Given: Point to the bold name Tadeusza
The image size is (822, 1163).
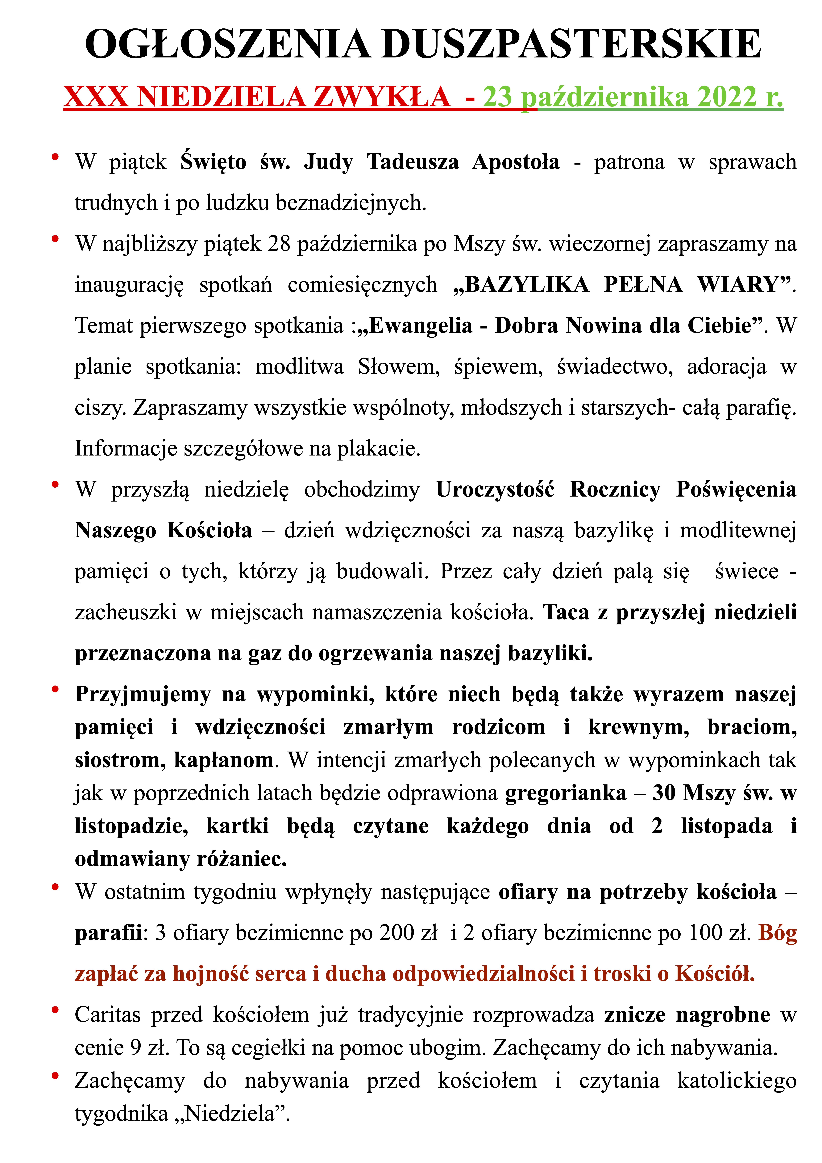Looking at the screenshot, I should pyautogui.click(x=413, y=162).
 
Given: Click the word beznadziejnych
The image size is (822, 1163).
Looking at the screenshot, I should pyautogui.click(x=351, y=203).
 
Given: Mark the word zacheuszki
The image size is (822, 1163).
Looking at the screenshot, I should pyautogui.click(x=126, y=612).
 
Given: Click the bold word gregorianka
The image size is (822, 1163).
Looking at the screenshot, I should pyautogui.click(x=566, y=793).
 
